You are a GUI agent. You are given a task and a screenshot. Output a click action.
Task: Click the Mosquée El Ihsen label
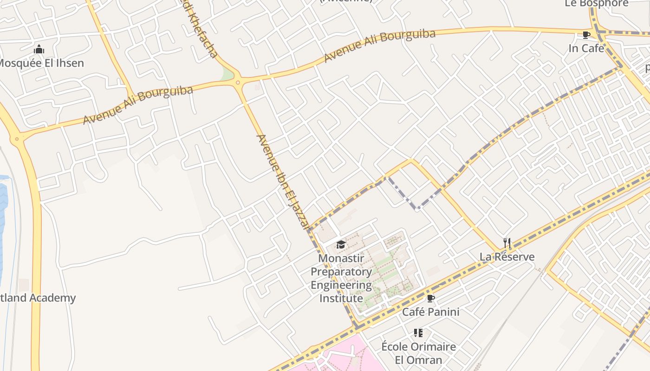[41, 63]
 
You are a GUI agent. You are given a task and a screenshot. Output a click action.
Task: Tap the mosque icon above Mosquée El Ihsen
[39, 49]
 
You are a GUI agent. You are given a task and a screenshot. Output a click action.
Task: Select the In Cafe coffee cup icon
[586, 35]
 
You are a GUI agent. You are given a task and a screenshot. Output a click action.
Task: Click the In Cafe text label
[586, 48]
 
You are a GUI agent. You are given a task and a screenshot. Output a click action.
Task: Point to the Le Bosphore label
[596, 4]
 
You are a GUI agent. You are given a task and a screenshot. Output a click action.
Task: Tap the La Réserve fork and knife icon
[507, 243]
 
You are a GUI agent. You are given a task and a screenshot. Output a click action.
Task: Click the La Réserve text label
[507, 256]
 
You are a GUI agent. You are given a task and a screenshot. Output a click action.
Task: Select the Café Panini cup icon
[430, 298]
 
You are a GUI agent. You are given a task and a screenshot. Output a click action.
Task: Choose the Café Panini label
[430, 312]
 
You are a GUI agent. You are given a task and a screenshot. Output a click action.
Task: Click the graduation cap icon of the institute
[341, 244]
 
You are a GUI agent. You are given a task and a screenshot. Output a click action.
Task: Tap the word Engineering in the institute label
[341, 285]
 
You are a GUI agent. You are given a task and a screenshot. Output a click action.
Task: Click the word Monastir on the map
[341, 258]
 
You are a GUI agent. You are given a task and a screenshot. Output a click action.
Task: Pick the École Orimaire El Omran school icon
[418, 333]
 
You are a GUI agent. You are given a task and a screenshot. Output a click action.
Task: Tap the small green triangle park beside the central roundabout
[227, 74]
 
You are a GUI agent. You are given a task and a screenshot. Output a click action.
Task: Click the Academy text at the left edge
[52, 298]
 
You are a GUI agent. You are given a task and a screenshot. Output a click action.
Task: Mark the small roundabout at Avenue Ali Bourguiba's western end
[17, 139]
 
